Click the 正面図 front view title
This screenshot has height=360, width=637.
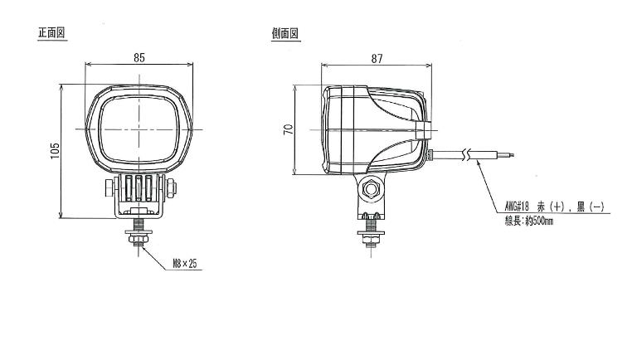(51, 32)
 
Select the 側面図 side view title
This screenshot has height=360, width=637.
(285, 33)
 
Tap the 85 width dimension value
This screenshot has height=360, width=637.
(139, 58)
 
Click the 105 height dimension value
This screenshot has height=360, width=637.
(55, 151)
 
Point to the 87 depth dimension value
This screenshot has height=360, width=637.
(377, 59)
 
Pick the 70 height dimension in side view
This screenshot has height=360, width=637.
(288, 129)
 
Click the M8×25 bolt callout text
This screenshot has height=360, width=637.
(185, 264)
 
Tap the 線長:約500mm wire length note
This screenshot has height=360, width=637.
(529, 221)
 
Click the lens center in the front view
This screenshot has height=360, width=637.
(139, 129)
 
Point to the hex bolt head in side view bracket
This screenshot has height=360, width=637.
(371, 189)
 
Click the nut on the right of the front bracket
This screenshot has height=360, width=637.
(171, 188)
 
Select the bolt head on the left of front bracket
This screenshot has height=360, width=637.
(109, 188)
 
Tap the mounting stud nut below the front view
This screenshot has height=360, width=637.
(139, 240)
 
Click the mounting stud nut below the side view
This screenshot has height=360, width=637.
(371, 240)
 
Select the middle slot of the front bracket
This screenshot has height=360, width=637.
(139, 188)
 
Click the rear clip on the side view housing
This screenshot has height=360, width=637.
(422, 130)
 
